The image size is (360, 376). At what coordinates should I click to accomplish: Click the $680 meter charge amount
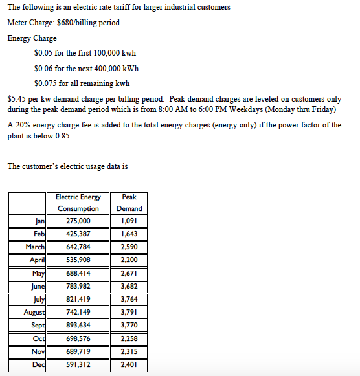67,23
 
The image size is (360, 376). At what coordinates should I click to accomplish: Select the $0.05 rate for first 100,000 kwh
43,53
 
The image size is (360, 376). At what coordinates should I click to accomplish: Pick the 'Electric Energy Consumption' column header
78,203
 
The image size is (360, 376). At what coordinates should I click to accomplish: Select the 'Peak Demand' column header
129,203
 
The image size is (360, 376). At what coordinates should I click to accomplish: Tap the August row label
34,312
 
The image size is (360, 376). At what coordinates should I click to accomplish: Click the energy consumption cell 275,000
78,221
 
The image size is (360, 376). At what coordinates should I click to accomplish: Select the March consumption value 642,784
78,247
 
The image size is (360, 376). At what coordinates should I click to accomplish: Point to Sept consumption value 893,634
78,325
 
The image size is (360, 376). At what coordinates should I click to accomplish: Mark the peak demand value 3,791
129,312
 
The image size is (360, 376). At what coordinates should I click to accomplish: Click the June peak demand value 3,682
129,286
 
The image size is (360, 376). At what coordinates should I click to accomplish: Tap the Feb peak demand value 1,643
129,234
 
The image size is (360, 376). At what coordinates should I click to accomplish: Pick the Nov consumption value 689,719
78,351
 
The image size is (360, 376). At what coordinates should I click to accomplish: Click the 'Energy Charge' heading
32,38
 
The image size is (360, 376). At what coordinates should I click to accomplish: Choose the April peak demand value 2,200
129,260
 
